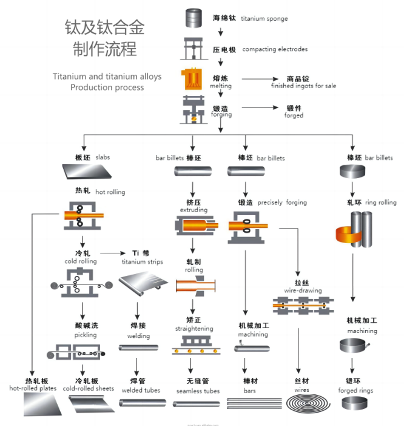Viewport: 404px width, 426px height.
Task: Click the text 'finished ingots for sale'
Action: coord(303,86)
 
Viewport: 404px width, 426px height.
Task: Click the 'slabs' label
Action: coord(103,157)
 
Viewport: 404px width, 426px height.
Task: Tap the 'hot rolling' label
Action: coord(110,192)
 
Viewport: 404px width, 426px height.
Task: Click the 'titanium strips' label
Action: coord(141,262)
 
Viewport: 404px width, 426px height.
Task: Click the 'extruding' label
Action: coord(194,210)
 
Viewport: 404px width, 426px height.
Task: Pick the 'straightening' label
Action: coord(194,329)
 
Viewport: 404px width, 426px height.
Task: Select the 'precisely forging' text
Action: coord(282,202)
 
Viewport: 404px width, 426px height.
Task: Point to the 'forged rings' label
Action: coord(356,390)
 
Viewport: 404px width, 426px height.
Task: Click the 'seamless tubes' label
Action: coord(198,391)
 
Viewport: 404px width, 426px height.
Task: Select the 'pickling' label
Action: coord(86,335)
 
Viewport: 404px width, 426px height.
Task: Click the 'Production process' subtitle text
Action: coord(107,88)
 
